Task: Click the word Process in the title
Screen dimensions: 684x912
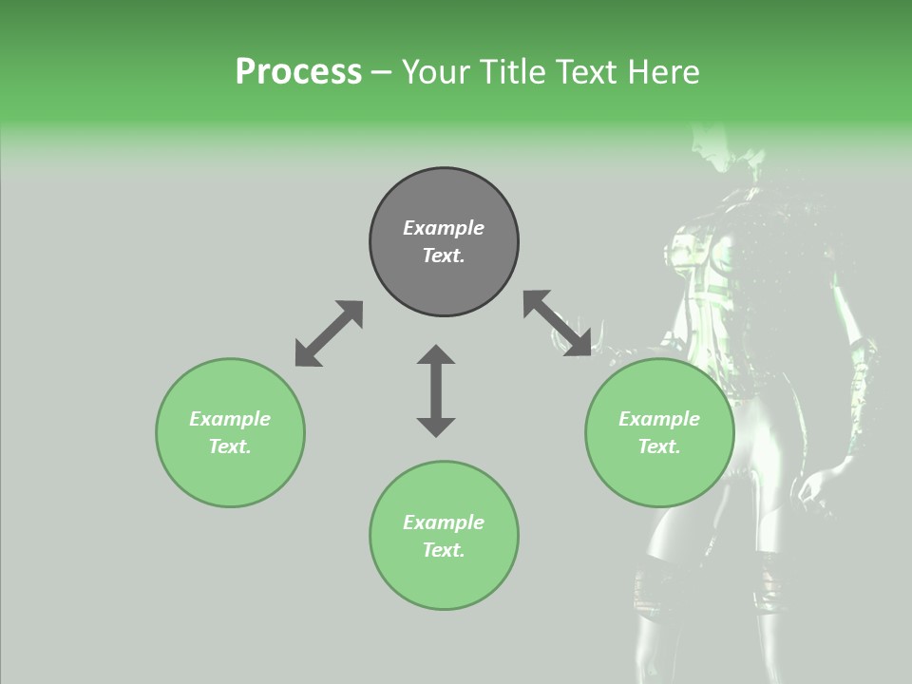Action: coord(298,72)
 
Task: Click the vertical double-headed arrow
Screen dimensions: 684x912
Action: coord(436,391)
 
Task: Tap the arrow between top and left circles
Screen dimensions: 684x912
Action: coord(329,333)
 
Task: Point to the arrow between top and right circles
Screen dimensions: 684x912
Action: coord(557,323)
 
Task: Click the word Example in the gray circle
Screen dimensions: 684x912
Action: coord(444,228)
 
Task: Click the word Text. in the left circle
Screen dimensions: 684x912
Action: coord(230,446)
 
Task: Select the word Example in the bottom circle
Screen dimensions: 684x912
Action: coord(444,522)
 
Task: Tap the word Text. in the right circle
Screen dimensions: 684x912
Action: coord(659,446)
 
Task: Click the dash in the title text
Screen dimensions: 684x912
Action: coord(382,73)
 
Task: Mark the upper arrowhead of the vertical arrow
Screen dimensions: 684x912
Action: coord(436,355)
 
